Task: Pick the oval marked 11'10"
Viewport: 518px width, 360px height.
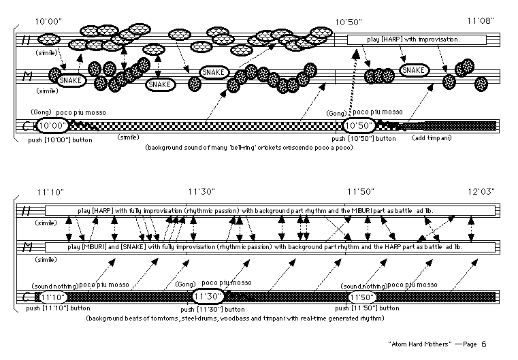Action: point(53,297)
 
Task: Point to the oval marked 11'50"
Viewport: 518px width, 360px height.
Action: point(361,297)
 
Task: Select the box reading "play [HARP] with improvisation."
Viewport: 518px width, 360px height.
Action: point(417,40)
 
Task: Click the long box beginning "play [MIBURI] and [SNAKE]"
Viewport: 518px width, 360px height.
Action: point(270,246)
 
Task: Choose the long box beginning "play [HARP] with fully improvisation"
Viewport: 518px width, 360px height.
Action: point(270,210)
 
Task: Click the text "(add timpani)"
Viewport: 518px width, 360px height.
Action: point(432,138)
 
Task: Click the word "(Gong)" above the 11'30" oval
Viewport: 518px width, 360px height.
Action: point(186,283)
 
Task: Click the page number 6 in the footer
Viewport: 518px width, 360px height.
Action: point(484,344)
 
